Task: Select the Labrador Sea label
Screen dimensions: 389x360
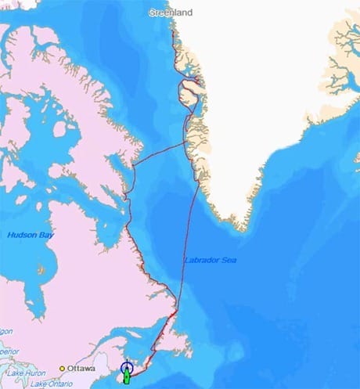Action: click(x=211, y=260)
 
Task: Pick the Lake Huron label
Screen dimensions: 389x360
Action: click(x=17, y=373)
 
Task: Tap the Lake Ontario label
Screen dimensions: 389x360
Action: click(x=39, y=383)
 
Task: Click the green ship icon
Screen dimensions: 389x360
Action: click(x=127, y=377)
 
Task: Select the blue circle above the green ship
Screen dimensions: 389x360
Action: click(x=128, y=366)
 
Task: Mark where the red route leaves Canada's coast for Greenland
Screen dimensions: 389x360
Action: click(x=135, y=164)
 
